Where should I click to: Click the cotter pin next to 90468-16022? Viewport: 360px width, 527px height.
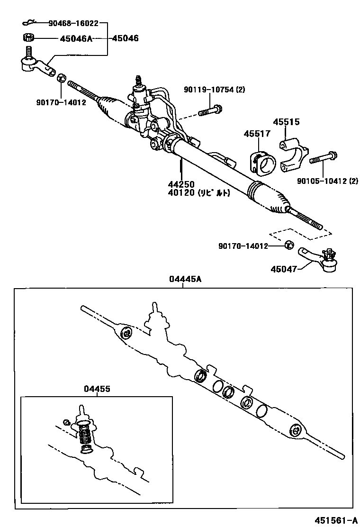tap(29, 22)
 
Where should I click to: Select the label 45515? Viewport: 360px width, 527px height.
tap(286, 122)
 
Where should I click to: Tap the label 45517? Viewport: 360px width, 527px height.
tap(257, 134)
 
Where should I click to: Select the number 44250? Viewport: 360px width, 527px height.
tap(180, 184)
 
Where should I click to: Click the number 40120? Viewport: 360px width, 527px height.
tap(180, 193)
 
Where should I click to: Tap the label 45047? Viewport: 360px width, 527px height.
tap(284, 269)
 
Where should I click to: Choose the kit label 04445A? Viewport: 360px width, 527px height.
tap(185, 279)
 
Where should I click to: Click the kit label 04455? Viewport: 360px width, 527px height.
tap(97, 389)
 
